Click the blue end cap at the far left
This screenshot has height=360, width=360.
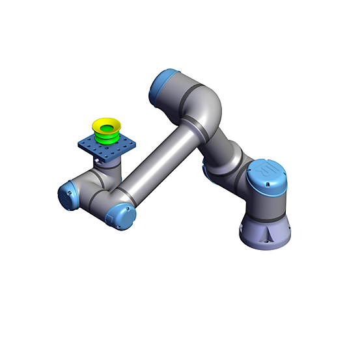[67, 195]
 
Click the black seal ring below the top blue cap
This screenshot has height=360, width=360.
[184, 98]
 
